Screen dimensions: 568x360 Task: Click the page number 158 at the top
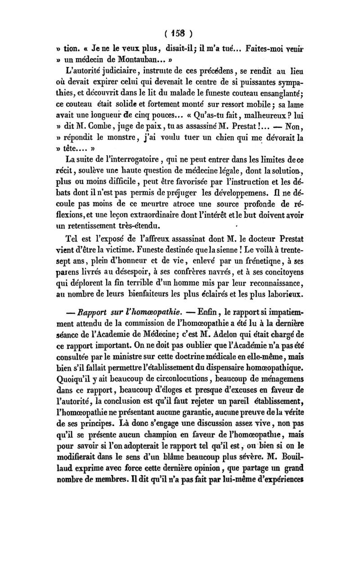(179, 33)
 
